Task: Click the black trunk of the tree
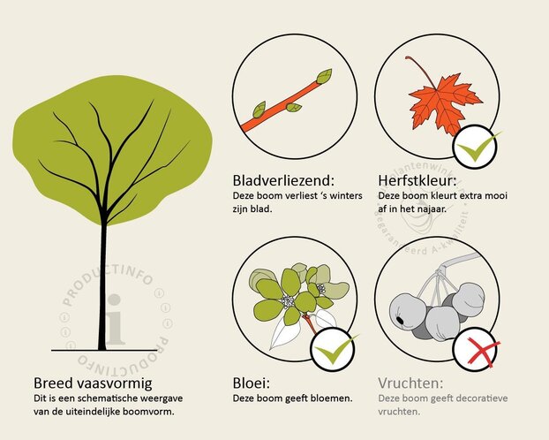(x=103, y=283)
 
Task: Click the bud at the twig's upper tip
(x=324, y=76)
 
